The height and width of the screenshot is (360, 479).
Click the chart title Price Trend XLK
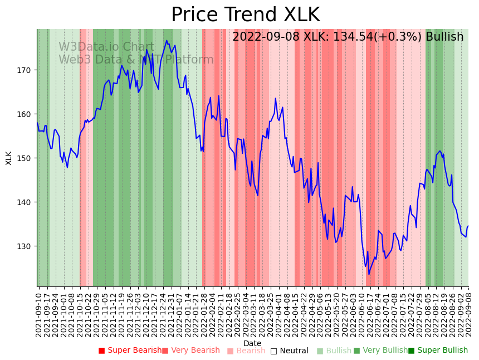point(245,15)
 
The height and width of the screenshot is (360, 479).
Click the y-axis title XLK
point(9,158)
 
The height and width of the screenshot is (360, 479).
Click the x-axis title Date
point(252,343)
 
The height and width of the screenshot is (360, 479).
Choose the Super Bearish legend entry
point(130,351)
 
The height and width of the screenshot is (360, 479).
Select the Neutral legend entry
point(289,351)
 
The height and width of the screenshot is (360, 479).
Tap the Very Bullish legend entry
point(380,351)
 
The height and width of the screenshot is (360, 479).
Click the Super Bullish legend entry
point(438,351)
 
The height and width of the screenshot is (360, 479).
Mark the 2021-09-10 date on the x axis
point(39,315)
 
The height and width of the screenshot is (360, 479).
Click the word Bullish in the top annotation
point(444,37)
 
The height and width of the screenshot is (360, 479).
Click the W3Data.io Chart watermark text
point(106,47)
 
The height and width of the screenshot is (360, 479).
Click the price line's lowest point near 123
point(369,274)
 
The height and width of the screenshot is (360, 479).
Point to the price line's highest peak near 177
point(167,40)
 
